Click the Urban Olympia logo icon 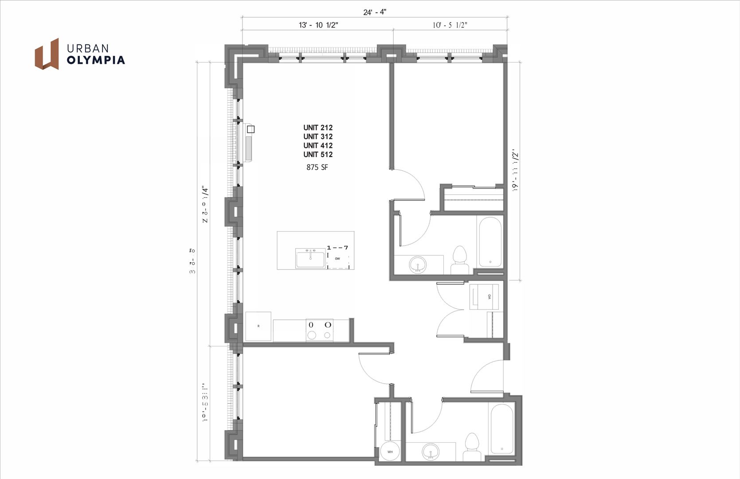47,54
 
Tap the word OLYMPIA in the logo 96,60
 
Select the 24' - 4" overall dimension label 375,12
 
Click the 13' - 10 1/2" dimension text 318,25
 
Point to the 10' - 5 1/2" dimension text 450,25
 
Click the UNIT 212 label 318,128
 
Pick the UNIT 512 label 318,154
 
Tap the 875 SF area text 317,167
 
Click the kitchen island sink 310,258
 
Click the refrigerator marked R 258,326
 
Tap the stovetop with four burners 319,330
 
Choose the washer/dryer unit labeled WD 484,297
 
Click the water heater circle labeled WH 390,452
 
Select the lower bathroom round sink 430,453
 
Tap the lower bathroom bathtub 501,429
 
